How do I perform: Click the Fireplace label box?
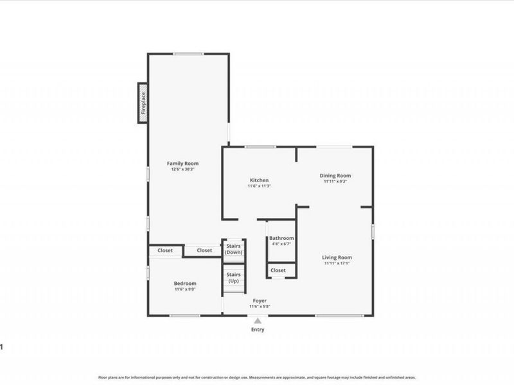tap(143, 103)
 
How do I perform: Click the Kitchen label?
tap(259, 180)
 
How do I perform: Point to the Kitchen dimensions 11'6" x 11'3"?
tap(259, 186)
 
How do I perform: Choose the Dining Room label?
tap(335, 175)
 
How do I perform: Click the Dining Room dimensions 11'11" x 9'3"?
tap(335, 182)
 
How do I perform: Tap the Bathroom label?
tap(281, 238)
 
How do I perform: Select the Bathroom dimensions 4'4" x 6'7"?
tap(281, 244)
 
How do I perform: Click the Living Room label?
tap(337, 257)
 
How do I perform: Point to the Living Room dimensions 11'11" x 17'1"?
tap(337, 264)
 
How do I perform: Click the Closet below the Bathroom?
tap(278, 270)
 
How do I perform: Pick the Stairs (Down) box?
tap(233, 250)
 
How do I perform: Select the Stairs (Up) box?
tap(233, 277)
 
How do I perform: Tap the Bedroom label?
tap(185, 283)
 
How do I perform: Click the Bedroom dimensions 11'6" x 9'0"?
tap(185, 289)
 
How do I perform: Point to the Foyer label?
tap(260, 300)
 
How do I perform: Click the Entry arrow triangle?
tap(258, 320)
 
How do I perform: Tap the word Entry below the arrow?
tap(258, 330)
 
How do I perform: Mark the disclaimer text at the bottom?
tap(257, 378)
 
